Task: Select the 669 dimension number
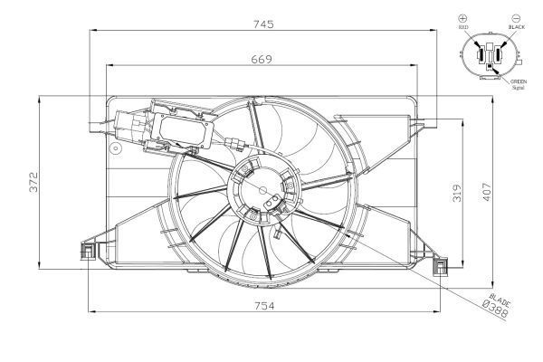click(x=260, y=58)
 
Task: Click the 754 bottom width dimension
click(x=263, y=306)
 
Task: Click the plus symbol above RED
click(x=463, y=18)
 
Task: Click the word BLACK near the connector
click(x=517, y=28)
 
